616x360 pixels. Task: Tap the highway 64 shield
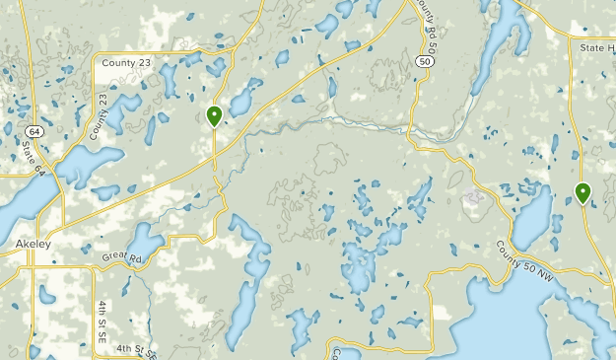click(34, 131)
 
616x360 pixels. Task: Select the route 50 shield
click(424, 61)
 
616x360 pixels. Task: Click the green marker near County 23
click(214, 116)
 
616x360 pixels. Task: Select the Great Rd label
click(122, 256)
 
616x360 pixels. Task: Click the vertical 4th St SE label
click(103, 322)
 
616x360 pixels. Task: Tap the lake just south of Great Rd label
click(145, 240)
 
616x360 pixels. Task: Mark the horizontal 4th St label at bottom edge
click(137, 349)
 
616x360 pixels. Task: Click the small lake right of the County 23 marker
click(240, 102)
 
